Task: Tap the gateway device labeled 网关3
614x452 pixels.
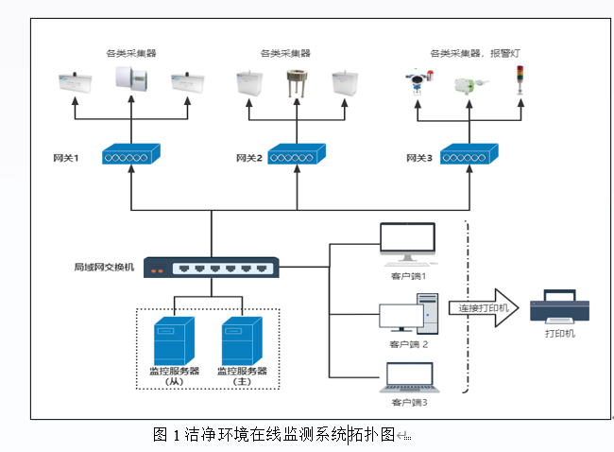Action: click(469, 154)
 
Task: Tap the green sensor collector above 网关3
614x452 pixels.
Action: click(468, 86)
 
